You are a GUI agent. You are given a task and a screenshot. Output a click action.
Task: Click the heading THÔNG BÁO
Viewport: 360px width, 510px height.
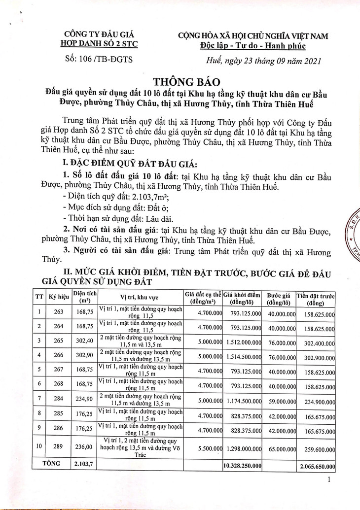pyautogui.click(x=180, y=81)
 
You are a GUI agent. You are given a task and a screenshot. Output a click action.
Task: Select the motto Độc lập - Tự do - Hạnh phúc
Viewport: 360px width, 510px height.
pyautogui.click(x=253, y=46)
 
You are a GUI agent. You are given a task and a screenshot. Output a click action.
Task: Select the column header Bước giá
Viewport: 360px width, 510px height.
pyautogui.click(x=278, y=297)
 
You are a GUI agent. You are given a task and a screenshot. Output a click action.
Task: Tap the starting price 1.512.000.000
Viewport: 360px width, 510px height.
pyautogui.click(x=242, y=341)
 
